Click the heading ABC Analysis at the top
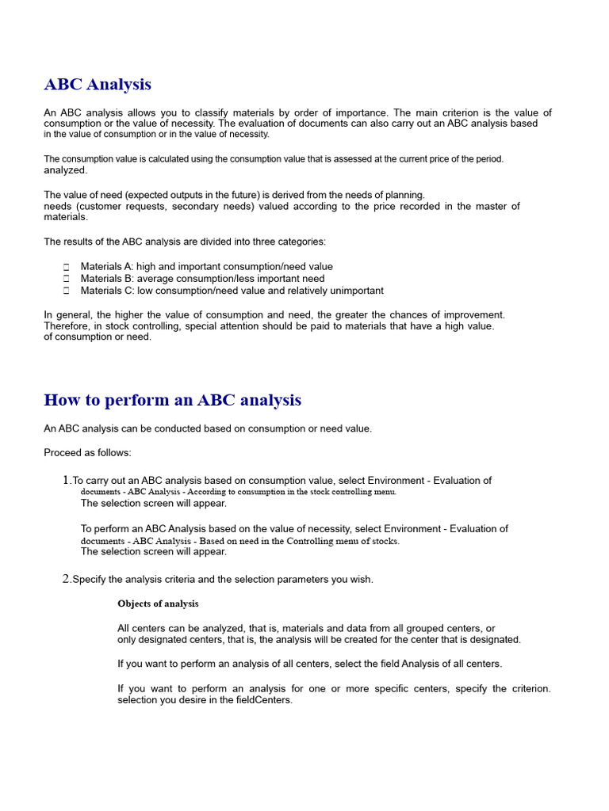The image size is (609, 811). pyautogui.click(x=98, y=84)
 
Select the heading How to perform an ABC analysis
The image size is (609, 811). pyautogui.click(x=172, y=400)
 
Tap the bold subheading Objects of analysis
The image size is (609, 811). pyautogui.click(x=158, y=603)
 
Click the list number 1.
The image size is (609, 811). pyautogui.click(x=66, y=481)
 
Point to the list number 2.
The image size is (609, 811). pyautogui.click(x=66, y=579)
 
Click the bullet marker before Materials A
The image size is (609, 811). pyautogui.click(x=67, y=268)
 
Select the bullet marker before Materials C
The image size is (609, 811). pyautogui.click(x=67, y=291)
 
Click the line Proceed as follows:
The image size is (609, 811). pyautogui.click(x=87, y=453)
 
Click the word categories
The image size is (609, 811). pyautogui.click(x=301, y=242)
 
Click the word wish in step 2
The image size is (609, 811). pyautogui.click(x=361, y=579)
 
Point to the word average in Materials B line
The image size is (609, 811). pyautogui.click(x=155, y=279)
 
